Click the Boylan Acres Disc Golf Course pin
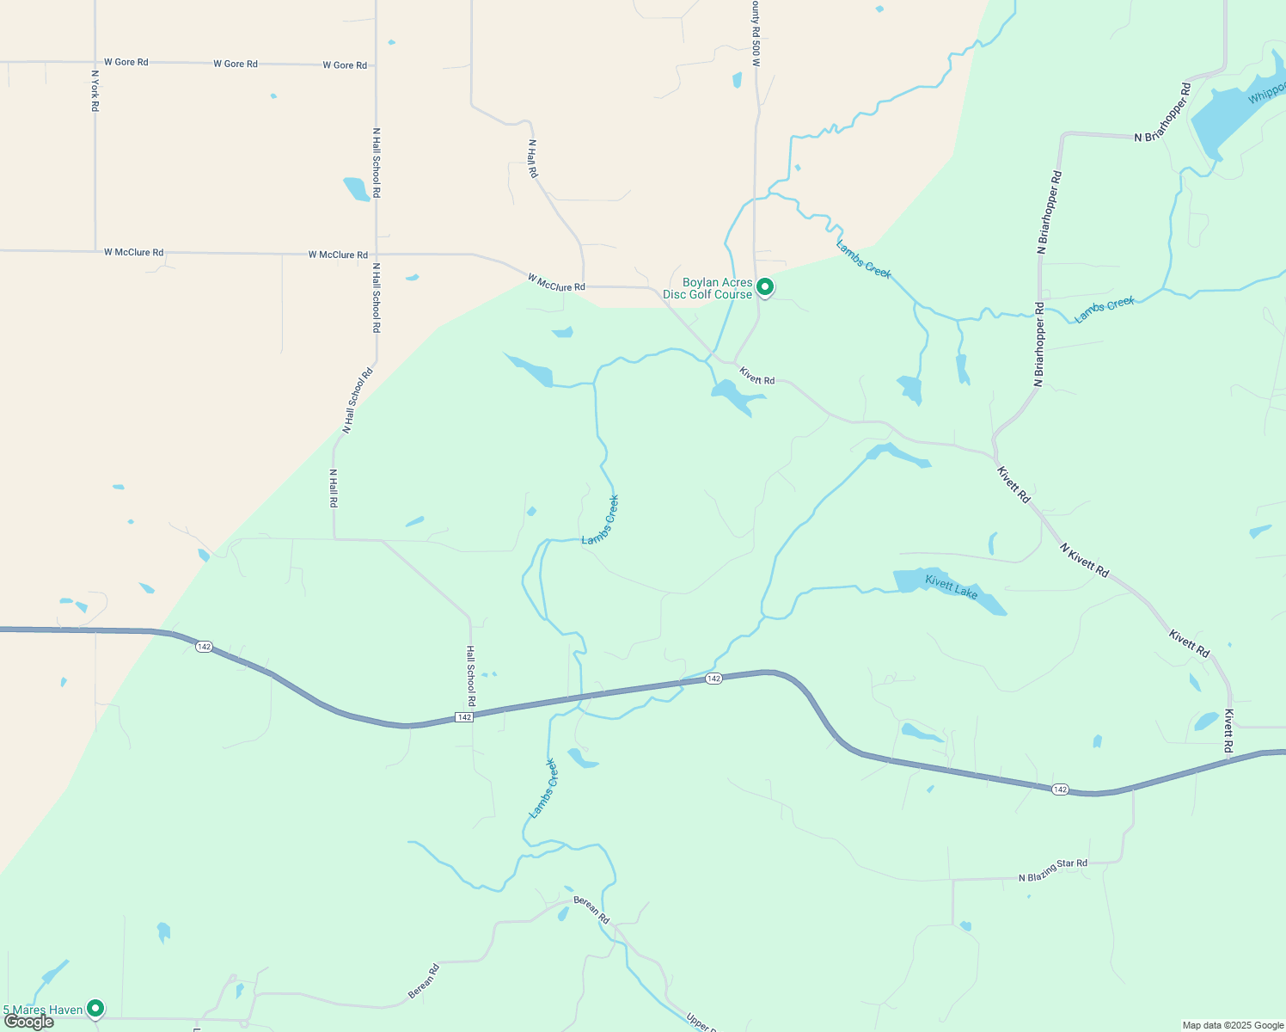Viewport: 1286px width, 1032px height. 764,286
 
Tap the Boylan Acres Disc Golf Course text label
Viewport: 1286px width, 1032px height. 708,289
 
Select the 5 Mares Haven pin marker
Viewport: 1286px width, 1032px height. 95,1008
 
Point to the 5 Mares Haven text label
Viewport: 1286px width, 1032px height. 43,1010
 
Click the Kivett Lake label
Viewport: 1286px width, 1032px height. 952,587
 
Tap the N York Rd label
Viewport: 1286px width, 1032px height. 95,90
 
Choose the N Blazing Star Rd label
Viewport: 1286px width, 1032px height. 1053,870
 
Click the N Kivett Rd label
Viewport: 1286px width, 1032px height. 1084,560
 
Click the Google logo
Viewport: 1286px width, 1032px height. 28,1022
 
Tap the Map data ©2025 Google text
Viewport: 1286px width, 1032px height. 1233,1025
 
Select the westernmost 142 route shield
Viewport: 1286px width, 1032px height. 204,647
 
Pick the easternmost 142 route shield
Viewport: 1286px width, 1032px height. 1060,789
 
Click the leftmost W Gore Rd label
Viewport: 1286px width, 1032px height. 126,62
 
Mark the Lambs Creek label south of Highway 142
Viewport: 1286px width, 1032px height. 543,788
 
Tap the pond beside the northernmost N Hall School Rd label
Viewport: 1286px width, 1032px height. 356,188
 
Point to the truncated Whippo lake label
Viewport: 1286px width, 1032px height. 1267,92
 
